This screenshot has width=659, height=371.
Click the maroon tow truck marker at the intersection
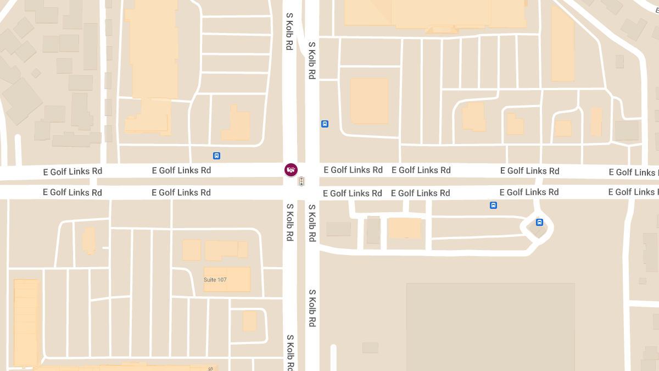pyautogui.click(x=291, y=170)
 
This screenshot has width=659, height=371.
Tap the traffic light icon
pyautogui.click(x=301, y=181)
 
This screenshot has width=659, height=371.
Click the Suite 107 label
pyautogui.click(x=215, y=280)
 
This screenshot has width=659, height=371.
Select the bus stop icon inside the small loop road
pyautogui.click(x=539, y=223)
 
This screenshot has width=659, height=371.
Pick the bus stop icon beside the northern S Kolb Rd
pyautogui.click(x=325, y=124)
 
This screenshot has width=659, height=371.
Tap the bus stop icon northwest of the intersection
pyautogui.click(x=217, y=156)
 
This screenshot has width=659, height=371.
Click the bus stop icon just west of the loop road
pyautogui.click(x=493, y=206)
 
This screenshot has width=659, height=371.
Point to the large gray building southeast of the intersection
pyautogui.click(x=490, y=327)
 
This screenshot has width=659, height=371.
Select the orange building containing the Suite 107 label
pyautogui.click(x=227, y=279)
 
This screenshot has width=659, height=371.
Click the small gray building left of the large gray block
pyautogui.click(x=370, y=347)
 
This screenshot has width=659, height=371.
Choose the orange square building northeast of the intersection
pyautogui.click(x=369, y=100)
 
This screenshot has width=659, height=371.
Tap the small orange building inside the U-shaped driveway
pyautogui.click(x=249, y=321)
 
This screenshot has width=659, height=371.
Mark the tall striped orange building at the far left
pyautogui.click(x=26, y=322)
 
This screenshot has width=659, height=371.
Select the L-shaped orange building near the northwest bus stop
pyautogui.click(x=237, y=124)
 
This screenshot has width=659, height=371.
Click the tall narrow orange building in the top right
pyautogui.click(x=562, y=44)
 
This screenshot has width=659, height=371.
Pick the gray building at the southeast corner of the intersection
pyautogui.click(x=338, y=229)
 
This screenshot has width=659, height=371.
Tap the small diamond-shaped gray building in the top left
pyautogui.click(x=36, y=73)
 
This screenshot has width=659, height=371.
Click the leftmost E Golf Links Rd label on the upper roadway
pyautogui.click(x=72, y=171)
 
